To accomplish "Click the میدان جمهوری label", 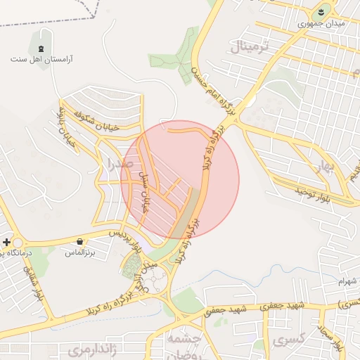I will pos(321,24).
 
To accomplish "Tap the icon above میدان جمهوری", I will pos(322,11).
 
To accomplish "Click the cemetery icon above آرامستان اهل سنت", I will pos(41,48).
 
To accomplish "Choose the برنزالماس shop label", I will pos(78,251).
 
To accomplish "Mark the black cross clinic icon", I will pos(7,242).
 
